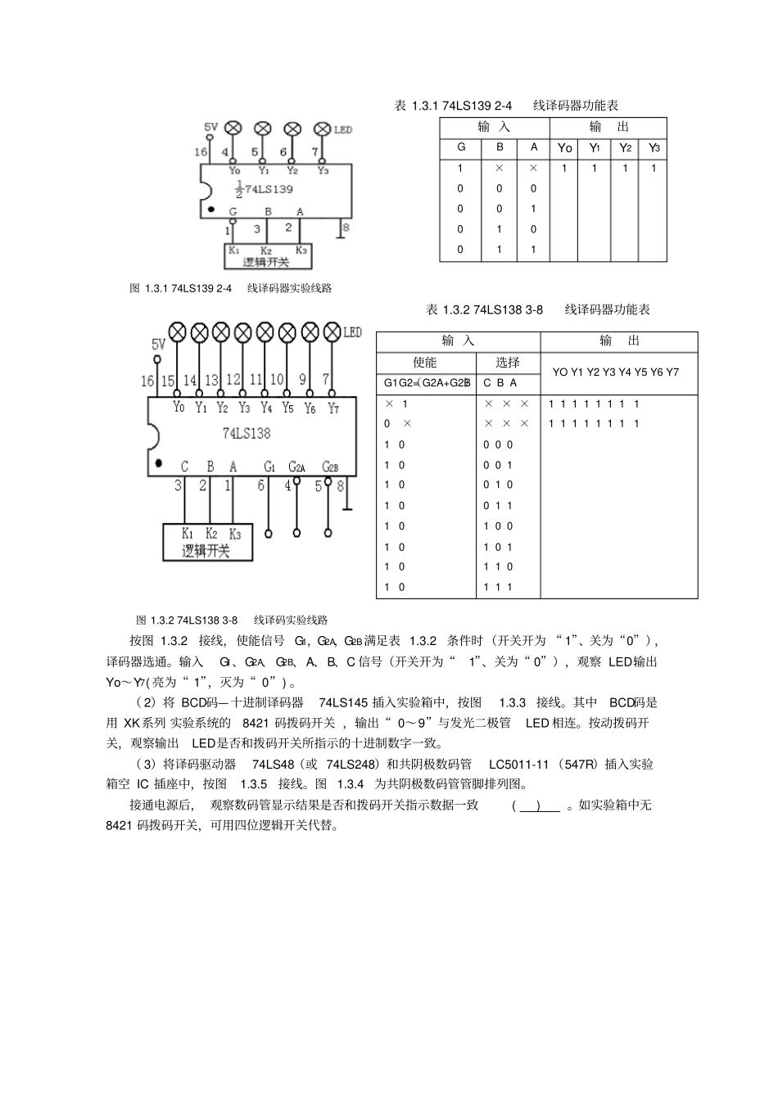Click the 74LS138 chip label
[246, 433]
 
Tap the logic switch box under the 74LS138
[207, 542]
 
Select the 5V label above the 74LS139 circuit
[210, 127]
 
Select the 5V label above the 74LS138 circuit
[158, 345]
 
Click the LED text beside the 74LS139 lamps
[342, 129]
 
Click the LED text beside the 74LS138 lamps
[351, 332]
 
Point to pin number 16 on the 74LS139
[201, 152]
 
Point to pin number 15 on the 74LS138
[168, 381]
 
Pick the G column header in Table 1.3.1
[461, 147]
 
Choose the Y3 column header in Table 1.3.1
[654, 148]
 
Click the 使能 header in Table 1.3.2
[425, 363]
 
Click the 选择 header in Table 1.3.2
[508, 363]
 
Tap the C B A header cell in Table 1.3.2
[500, 382]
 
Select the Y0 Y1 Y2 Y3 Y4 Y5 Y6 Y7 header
[615, 372]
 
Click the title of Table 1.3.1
[506, 106]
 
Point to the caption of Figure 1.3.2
[232, 620]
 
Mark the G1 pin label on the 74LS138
[269, 467]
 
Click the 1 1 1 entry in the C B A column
[498, 587]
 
